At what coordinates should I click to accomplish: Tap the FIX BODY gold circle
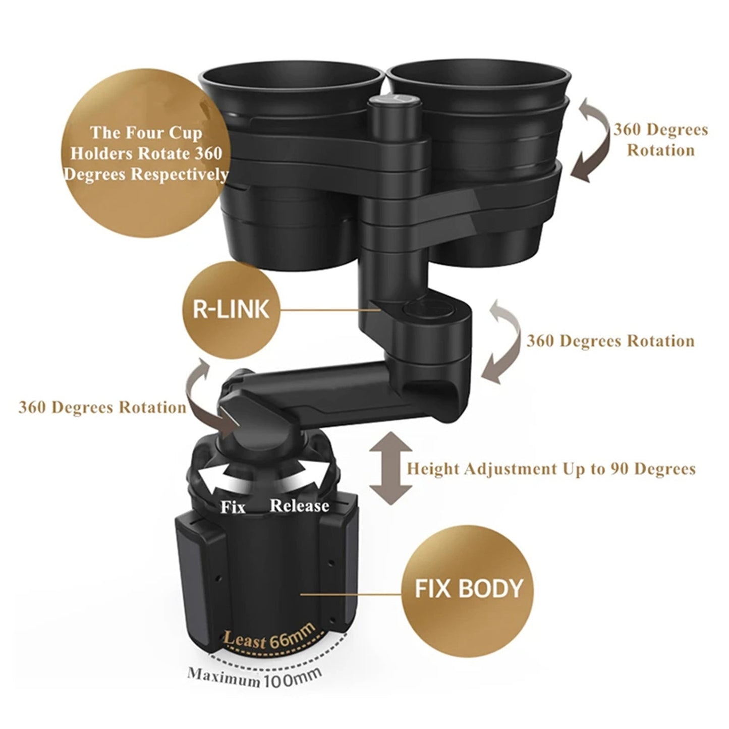pyautogui.click(x=468, y=588)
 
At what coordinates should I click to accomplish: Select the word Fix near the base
pyautogui.click(x=233, y=507)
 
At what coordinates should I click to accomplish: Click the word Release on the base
pyautogui.click(x=300, y=505)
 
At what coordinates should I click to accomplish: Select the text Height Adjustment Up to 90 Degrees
pyautogui.click(x=551, y=469)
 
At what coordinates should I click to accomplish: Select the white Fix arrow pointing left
pyautogui.click(x=217, y=479)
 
